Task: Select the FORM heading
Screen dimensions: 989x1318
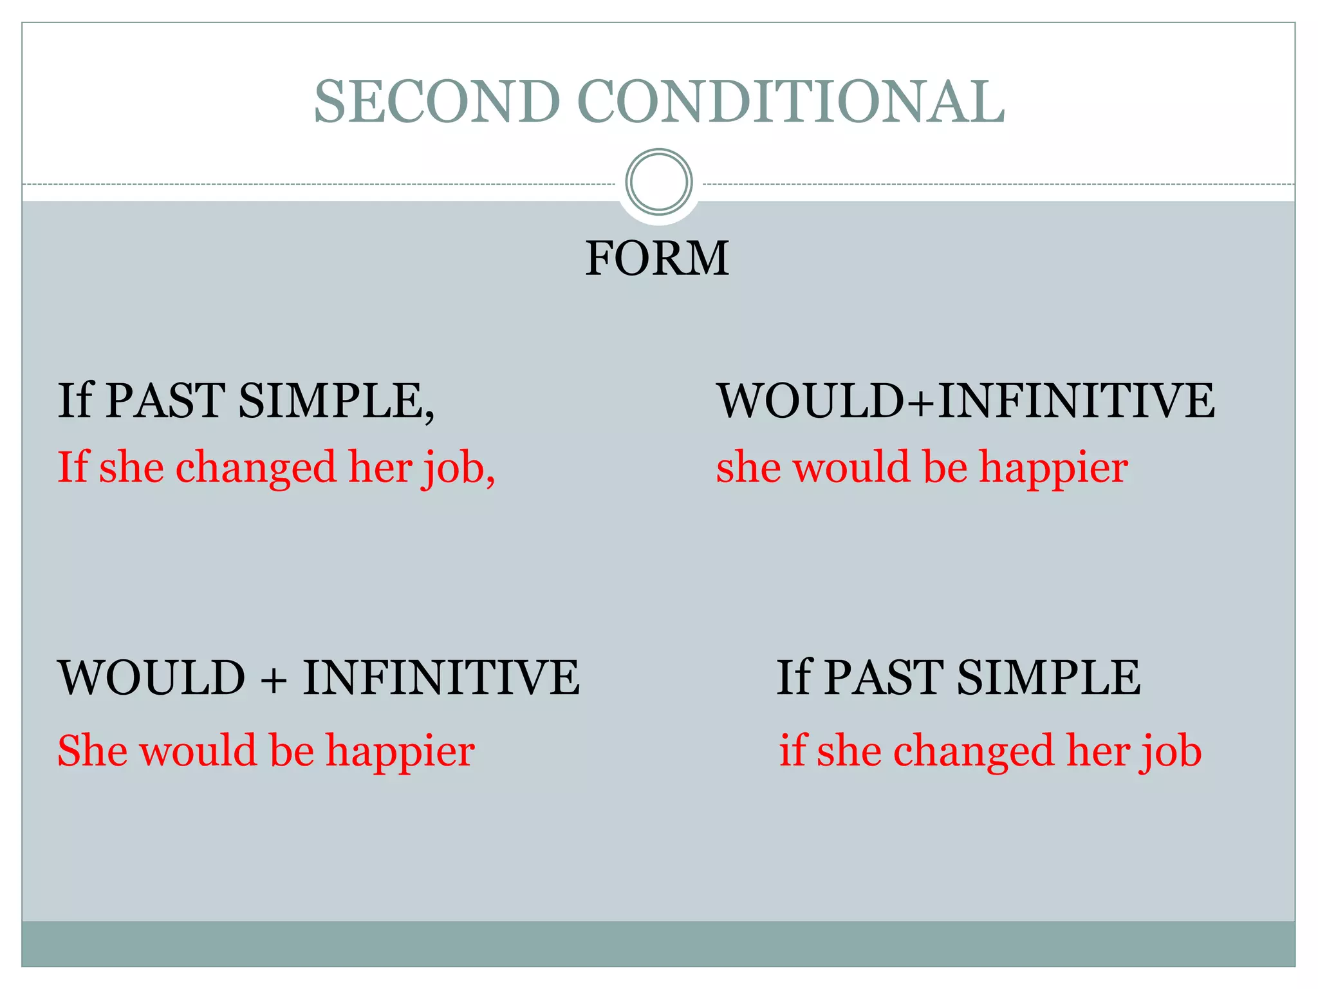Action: coord(657,258)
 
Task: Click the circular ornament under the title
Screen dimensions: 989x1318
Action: coord(658,182)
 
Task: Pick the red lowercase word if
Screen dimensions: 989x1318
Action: coord(792,751)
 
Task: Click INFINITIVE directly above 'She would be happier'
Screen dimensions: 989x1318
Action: coord(441,677)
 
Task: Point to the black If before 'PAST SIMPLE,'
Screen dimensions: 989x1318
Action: coord(75,401)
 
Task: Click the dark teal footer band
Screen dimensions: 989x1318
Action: coord(658,943)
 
